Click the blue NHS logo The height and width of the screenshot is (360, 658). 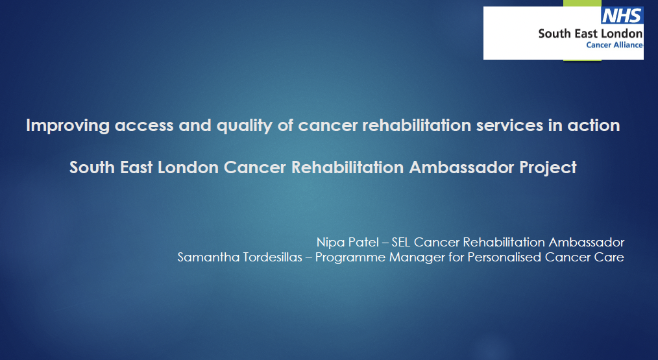pos(622,16)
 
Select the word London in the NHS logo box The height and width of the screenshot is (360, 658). pos(622,34)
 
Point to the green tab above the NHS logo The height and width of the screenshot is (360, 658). pos(582,3)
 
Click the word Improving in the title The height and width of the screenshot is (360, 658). pos(68,126)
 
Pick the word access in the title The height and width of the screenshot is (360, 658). pos(144,126)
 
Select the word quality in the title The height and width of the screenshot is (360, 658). pos(245,126)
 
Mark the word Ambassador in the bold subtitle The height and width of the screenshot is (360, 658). pos(461,167)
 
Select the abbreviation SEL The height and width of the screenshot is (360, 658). pos(401,242)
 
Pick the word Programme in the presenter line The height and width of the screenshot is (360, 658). pos(350,258)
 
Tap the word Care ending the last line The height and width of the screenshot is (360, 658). pos(609,257)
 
